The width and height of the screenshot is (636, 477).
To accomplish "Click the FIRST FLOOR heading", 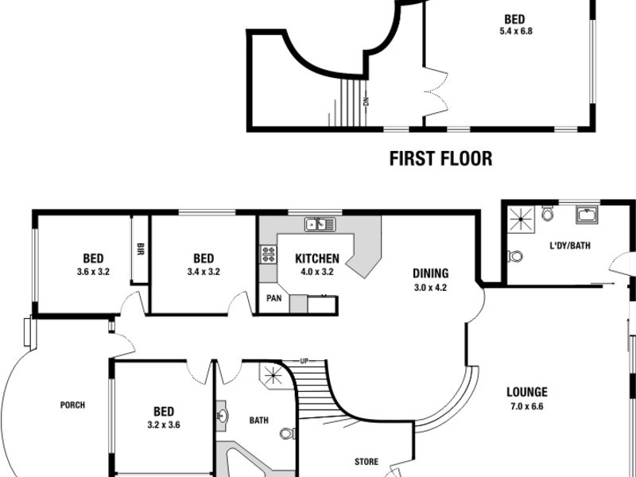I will click(x=440, y=158).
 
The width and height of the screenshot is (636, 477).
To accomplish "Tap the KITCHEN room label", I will click(x=317, y=258).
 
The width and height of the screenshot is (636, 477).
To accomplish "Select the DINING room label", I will click(x=430, y=273).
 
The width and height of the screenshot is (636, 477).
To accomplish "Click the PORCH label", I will click(x=72, y=405).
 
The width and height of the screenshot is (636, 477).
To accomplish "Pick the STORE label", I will click(x=366, y=461).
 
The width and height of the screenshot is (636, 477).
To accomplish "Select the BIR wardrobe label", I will click(x=139, y=248).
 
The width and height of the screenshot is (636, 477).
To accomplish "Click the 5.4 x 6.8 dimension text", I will click(x=515, y=33).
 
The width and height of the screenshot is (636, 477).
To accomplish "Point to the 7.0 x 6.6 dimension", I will click(x=527, y=406).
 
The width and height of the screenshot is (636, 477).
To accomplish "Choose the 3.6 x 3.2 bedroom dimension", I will click(x=93, y=272).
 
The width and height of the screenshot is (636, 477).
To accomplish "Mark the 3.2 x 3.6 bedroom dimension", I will click(x=165, y=425).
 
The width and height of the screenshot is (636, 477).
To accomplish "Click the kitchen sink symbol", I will click(x=320, y=223).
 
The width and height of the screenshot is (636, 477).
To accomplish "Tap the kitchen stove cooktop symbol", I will click(x=269, y=254).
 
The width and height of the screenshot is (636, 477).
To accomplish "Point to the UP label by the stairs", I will click(x=303, y=363).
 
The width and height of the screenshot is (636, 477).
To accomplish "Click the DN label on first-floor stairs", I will click(x=366, y=101).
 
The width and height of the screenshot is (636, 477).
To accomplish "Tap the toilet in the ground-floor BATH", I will click(x=288, y=433).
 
